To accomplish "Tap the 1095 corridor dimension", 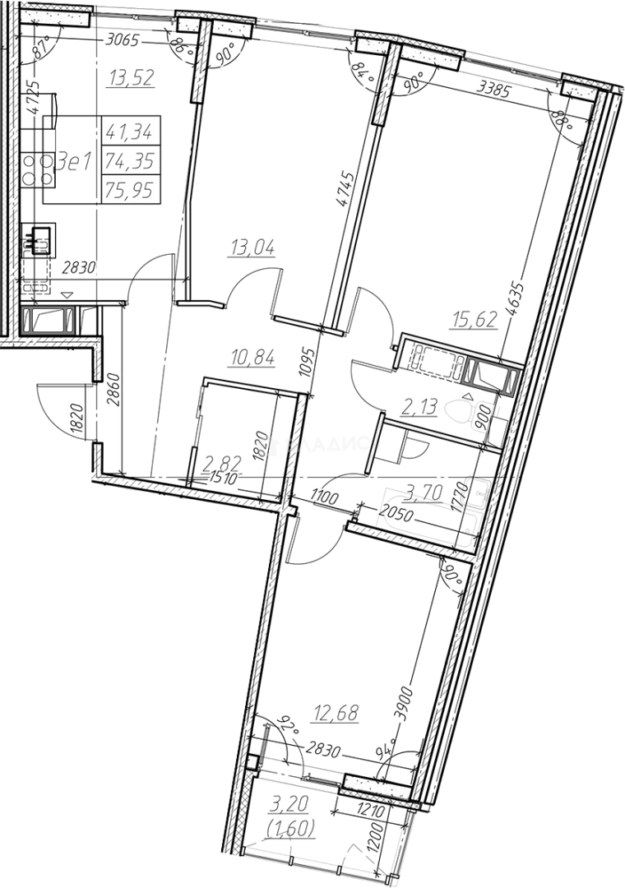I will click(306, 358).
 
